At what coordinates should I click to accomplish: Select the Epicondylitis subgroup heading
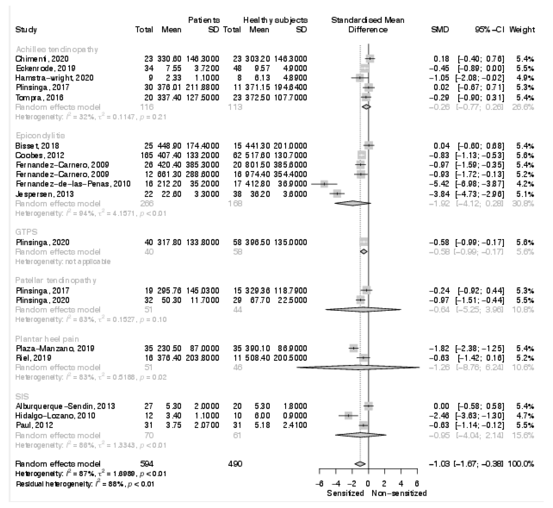pyautogui.click(x=40, y=135)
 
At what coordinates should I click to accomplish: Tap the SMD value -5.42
pyautogui.click(x=439, y=184)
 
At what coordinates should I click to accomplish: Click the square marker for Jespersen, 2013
pyautogui.click(x=337, y=194)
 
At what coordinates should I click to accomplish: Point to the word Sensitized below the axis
pyautogui.click(x=345, y=493)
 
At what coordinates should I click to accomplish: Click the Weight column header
pyautogui.click(x=522, y=30)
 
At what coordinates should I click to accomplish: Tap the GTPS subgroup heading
pyautogui.click(x=26, y=232)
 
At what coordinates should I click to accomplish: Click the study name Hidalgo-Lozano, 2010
pyautogui.click(x=56, y=416)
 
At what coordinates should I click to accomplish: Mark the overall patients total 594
pyautogui.click(x=146, y=464)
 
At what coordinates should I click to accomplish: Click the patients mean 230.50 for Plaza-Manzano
pyautogui.click(x=169, y=349)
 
